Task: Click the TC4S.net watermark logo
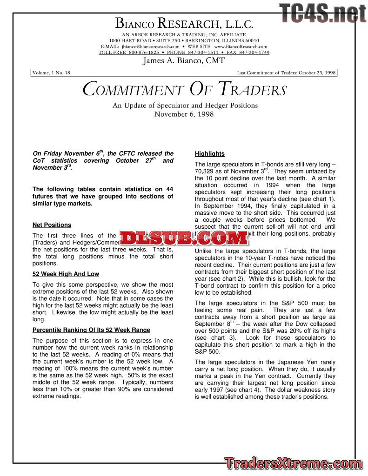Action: [x=322, y=13]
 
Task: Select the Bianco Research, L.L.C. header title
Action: [x=184, y=23]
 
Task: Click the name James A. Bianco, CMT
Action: [x=184, y=61]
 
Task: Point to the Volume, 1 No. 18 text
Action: [x=52, y=73]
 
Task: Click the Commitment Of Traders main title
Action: [x=184, y=89]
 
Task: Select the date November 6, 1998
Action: [x=184, y=114]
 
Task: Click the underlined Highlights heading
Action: [x=209, y=154]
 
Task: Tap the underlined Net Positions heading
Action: [x=52, y=225]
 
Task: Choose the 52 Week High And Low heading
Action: [x=66, y=274]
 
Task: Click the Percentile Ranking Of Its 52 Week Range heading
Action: [x=91, y=330]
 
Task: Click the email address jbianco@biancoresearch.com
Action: [x=151, y=46]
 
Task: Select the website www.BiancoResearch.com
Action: [x=241, y=46]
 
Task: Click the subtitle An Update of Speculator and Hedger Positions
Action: [x=185, y=106]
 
